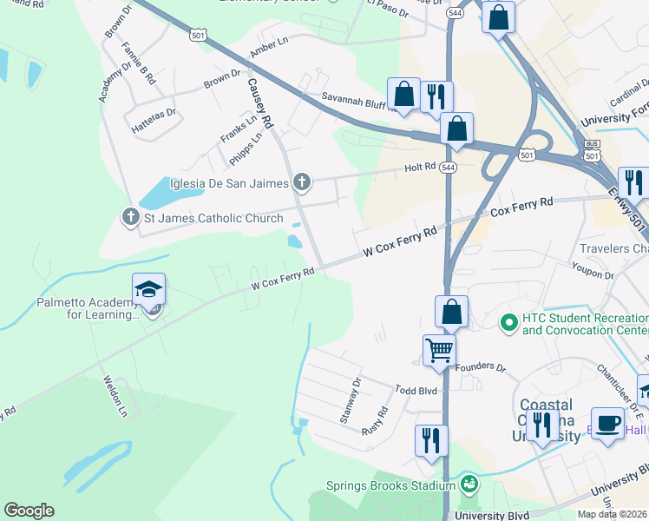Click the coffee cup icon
coord(609,424)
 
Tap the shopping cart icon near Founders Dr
coord(439,351)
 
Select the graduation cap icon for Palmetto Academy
coord(148,290)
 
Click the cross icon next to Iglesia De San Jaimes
coord(301,181)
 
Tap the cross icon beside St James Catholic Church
coord(131,217)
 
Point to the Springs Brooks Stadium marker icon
coord(469,484)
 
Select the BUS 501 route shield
coord(592,149)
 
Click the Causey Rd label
coord(259,102)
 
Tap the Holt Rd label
coord(420,168)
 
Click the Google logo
coord(29,510)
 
